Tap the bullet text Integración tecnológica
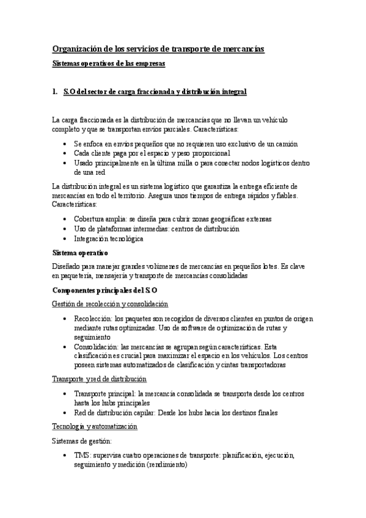coord(108,239)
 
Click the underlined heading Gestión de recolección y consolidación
coord(110,304)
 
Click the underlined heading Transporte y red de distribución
coord(99,379)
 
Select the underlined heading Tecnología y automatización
coord(95,426)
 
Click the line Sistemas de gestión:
coord(82,440)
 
